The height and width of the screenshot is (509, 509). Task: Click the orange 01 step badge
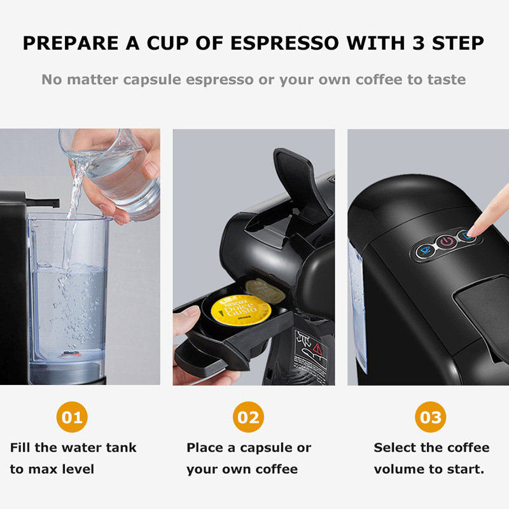pyautogui.click(x=72, y=417)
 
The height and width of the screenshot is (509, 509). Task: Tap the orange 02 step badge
pyautogui.click(x=248, y=417)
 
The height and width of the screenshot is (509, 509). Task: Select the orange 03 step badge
pyautogui.click(x=431, y=417)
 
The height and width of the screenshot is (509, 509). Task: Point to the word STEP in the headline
pyautogui.click(x=455, y=44)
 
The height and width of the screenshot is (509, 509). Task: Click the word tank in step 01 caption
pyautogui.click(x=120, y=448)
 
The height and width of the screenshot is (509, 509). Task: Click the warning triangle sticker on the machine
pyautogui.click(x=316, y=347)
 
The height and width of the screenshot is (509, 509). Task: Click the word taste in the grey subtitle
pyautogui.click(x=446, y=80)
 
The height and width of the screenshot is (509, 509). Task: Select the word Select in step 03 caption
pyautogui.click(x=396, y=448)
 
